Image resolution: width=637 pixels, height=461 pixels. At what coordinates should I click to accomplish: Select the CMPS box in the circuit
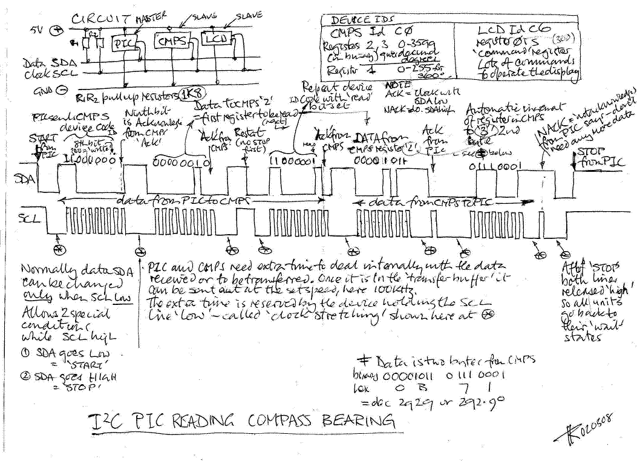[x=172, y=42]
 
